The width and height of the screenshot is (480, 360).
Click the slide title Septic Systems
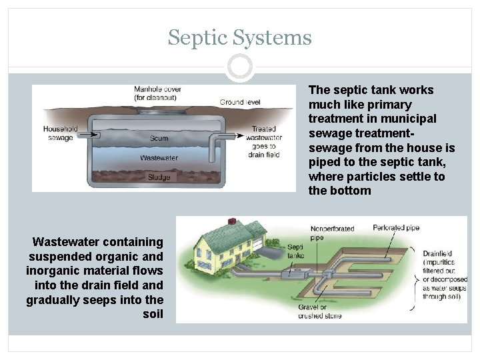(x=240, y=37)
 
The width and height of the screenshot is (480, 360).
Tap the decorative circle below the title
(x=240, y=67)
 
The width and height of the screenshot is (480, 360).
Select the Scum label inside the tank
(x=159, y=139)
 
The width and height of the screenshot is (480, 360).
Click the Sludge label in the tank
(x=159, y=177)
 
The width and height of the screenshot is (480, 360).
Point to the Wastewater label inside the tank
(x=159, y=158)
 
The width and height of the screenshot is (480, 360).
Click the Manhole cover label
(x=157, y=93)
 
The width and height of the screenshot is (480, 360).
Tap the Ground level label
(x=240, y=103)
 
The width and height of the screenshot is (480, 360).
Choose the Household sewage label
(x=61, y=133)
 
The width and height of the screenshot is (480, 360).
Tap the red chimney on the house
(x=233, y=221)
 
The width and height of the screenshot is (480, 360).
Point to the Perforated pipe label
(x=396, y=228)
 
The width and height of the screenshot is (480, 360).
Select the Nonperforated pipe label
(x=333, y=233)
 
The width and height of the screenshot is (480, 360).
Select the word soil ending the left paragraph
(x=153, y=313)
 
